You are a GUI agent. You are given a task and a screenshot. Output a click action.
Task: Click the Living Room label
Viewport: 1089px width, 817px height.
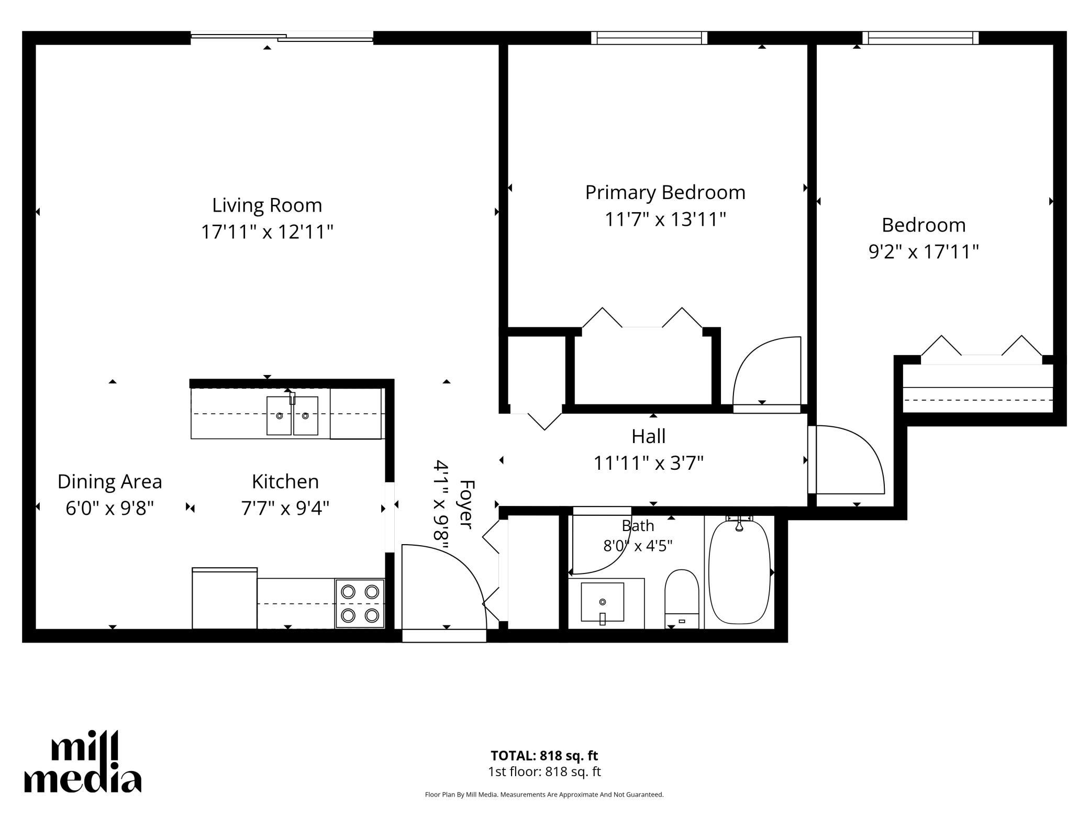tap(267, 205)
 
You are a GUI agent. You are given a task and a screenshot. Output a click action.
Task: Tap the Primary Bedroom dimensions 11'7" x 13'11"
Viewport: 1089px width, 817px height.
tap(665, 219)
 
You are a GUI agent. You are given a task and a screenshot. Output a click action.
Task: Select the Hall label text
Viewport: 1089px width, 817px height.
tap(648, 436)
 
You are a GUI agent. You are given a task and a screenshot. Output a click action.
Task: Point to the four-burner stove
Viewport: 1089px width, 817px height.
tap(360, 603)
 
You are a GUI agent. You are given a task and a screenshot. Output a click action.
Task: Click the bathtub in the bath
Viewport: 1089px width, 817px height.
tap(739, 571)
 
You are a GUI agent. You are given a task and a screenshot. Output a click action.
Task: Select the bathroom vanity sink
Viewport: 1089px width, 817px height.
tap(603, 602)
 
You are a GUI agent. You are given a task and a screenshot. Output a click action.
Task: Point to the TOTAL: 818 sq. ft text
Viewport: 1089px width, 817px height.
tap(544, 756)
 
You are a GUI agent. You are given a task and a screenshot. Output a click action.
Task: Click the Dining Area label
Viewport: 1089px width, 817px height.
tap(109, 482)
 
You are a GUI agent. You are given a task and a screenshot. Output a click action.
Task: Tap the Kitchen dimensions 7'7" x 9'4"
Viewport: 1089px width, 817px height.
tap(285, 508)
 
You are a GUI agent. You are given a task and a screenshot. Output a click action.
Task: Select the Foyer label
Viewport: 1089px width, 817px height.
tap(466, 504)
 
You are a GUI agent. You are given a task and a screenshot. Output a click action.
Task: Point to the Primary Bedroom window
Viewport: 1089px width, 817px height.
tap(649, 38)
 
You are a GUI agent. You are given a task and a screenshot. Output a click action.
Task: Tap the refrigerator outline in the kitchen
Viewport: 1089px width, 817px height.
tap(225, 598)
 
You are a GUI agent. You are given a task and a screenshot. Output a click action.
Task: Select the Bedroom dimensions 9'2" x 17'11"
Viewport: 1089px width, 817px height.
tap(924, 252)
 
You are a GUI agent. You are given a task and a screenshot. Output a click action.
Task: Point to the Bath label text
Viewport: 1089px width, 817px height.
tap(638, 525)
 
